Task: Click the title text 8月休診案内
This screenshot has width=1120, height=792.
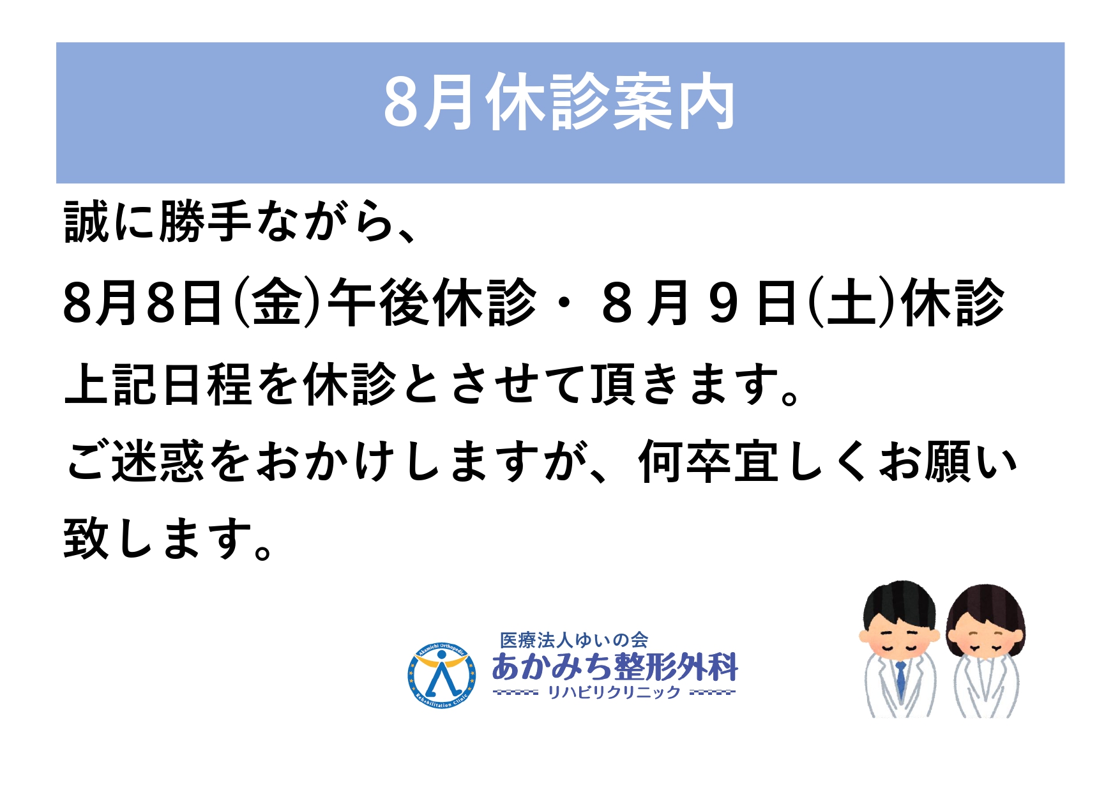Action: (x=559, y=103)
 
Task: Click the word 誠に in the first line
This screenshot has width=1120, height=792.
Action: (x=108, y=222)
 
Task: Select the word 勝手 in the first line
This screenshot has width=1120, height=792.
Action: (x=204, y=222)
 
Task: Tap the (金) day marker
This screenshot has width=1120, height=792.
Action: (x=276, y=302)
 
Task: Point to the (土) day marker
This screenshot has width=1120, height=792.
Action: (x=849, y=302)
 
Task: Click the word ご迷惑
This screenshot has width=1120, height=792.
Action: (x=135, y=461)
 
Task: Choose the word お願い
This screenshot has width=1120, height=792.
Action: (x=948, y=461)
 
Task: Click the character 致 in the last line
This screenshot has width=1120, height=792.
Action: (x=86, y=538)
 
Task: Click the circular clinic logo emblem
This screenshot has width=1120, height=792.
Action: (x=441, y=676)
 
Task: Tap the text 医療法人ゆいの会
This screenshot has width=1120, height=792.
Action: (x=573, y=640)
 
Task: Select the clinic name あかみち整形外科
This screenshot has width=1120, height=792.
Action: (x=615, y=667)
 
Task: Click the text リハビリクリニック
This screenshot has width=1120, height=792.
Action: (x=614, y=692)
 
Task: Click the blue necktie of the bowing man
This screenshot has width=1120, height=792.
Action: (x=900, y=678)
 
